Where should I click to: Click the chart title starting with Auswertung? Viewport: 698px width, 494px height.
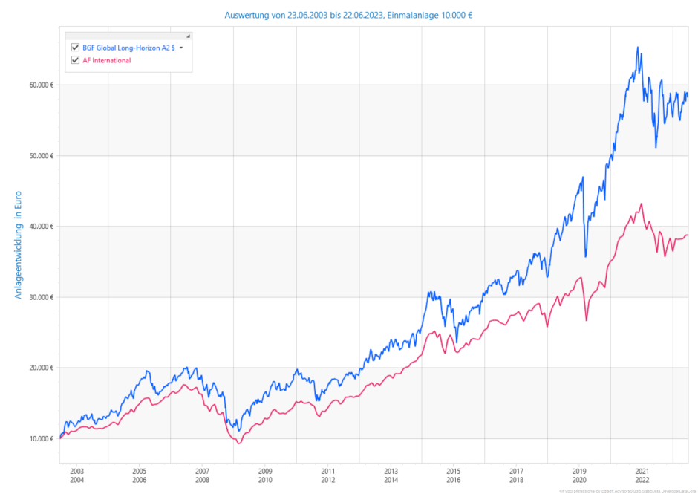coord(348,15)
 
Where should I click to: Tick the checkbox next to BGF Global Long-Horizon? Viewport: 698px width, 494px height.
coord(75,48)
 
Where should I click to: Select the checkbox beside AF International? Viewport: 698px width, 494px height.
coord(75,60)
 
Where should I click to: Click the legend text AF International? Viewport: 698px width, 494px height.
coord(106,60)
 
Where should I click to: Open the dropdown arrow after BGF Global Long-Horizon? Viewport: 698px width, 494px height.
coord(181,48)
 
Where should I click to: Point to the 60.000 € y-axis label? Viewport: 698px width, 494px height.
coord(42,85)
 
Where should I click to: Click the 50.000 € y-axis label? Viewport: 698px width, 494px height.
coord(42,155)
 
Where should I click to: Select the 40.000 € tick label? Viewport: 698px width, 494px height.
coord(42,227)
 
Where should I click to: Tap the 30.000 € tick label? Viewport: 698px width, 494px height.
coord(42,297)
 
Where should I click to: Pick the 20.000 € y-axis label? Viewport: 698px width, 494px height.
coord(42,368)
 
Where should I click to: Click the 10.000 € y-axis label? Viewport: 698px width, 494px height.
coord(42,438)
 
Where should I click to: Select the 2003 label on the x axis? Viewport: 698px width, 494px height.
coord(76,471)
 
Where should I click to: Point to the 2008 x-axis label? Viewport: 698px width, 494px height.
coord(202,480)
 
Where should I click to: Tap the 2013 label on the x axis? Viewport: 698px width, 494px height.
coord(391,471)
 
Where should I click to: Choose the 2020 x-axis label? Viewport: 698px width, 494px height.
coord(579,480)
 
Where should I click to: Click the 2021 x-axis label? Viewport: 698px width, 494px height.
coord(642,471)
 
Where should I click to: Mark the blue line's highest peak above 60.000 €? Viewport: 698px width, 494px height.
coord(637,48)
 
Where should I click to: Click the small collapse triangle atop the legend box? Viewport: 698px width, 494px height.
coord(188,36)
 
